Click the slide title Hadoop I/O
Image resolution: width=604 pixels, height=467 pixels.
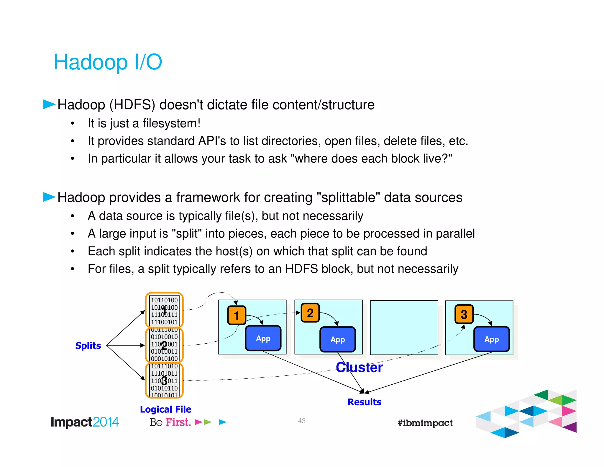pyautogui.click(x=108, y=62)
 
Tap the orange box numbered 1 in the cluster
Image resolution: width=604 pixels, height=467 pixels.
pyautogui.click(x=237, y=315)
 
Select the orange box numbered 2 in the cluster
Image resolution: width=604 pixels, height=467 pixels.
pyautogui.click(x=310, y=313)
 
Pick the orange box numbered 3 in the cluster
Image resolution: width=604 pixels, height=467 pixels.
pyautogui.click(x=464, y=314)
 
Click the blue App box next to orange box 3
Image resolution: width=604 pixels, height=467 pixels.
pyautogui.click(x=491, y=339)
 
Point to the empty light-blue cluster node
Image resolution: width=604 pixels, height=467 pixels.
pyautogui.click(x=404, y=327)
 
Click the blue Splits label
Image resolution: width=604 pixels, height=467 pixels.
pyautogui.click(x=88, y=345)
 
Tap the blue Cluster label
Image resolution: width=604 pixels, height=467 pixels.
pyautogui.click(x=359, y=368)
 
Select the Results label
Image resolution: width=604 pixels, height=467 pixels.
pyautogui.click(x=364, y=402)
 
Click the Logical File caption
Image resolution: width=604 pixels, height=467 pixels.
pyautogui.click(x=165, y=409)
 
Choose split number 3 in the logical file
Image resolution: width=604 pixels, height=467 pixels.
pyautogui.click(x=164, y=381)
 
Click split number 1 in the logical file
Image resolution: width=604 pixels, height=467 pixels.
pyautogui.click(x=164, y=310)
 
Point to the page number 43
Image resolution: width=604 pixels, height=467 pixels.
pyautogui.click(x=301, y=421)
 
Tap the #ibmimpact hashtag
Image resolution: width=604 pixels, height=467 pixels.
pyautogui.click(x=425, y=423)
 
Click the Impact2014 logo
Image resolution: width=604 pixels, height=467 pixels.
pyautogui.click(x=85, y=422)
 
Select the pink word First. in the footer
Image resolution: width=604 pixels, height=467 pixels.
pyautogui.click(x=178, y=422)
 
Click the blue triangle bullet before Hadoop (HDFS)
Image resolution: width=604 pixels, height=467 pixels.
pyautogui.click(x=49, y=104)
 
